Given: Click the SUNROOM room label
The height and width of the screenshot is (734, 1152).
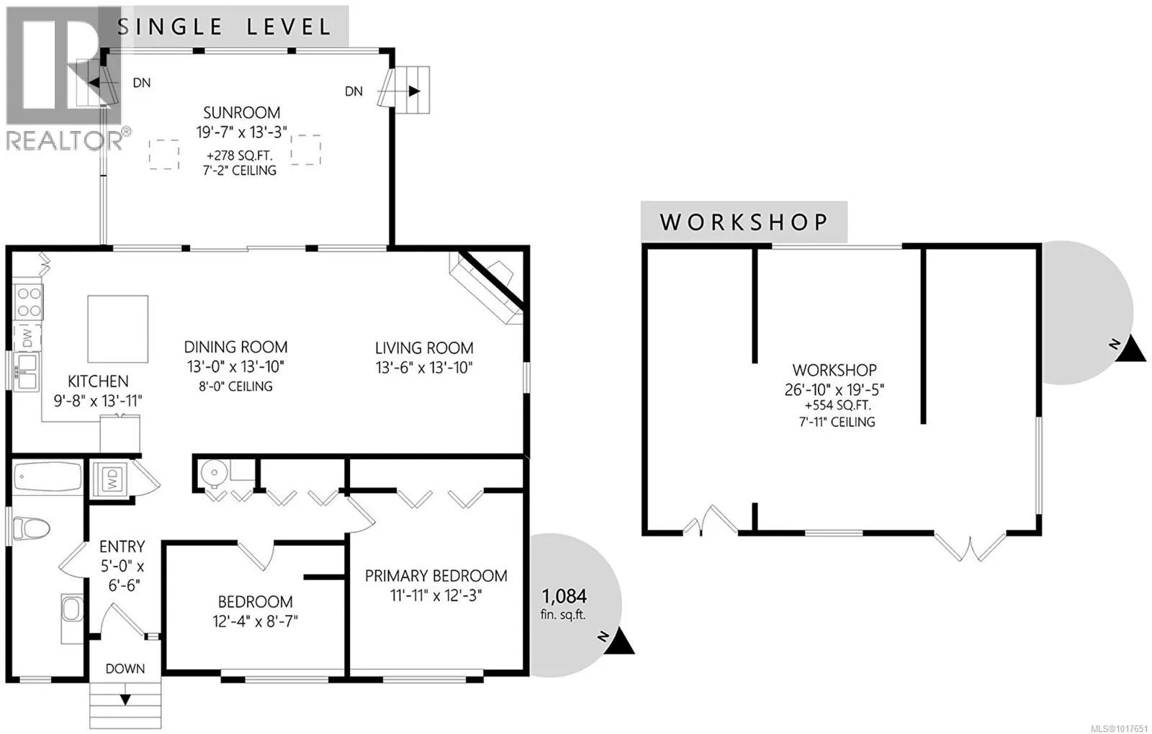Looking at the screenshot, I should coord(241,113).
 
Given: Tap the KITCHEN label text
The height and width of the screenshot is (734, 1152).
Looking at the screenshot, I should coord(98,381).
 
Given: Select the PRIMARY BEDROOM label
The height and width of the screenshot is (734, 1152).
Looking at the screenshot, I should coord(436,576).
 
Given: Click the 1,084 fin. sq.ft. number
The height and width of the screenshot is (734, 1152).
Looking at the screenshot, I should coord(564,596).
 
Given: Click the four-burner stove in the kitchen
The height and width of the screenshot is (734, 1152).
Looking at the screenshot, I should coord(29,302).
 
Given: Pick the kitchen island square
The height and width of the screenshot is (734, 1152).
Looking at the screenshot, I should coord(118,329).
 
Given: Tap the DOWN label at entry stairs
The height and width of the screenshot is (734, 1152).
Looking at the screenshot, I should coord(125,669).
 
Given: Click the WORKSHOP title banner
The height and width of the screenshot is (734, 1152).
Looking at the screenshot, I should coord(744,222).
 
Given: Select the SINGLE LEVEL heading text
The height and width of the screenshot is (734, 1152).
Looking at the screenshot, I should coord(224,27).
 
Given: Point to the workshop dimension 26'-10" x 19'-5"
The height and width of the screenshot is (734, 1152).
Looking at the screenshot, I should coord(834,389).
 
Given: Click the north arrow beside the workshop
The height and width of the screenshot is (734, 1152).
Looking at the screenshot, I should coord(1133,350).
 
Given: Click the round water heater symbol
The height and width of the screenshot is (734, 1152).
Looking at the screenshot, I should coord(214,473).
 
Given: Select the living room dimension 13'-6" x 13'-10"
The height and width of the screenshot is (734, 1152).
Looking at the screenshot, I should coord(423,368).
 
